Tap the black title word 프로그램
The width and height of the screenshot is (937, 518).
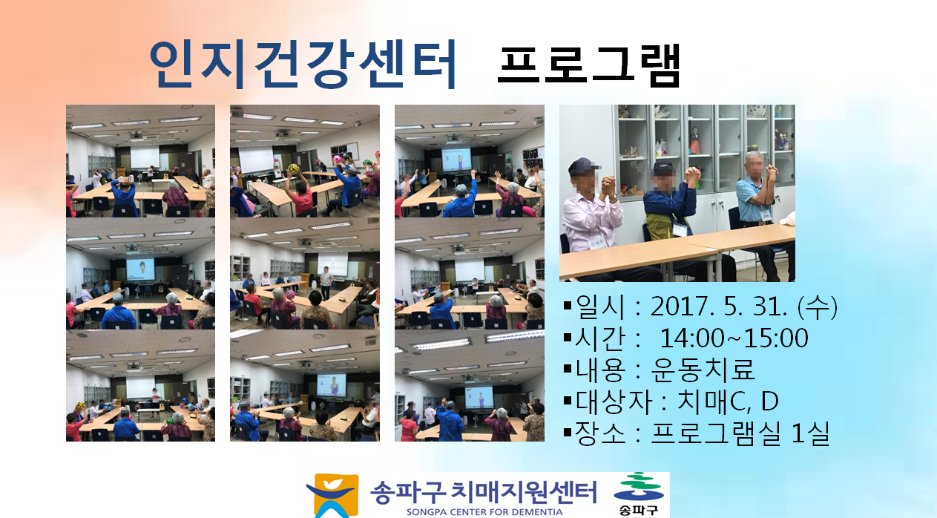tap(588, 65)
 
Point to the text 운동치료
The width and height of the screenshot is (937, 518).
tap(703, 370)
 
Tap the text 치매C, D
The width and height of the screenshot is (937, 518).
tap(728, 401)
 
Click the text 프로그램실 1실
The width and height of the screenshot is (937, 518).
tap(740, 433)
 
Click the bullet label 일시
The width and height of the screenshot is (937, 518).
tap(600, 306)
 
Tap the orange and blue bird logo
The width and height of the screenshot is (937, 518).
tap(332, 496)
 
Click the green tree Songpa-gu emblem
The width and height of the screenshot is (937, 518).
tap(639, 488)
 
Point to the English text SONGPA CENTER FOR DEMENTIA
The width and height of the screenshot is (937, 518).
tap(484, 512)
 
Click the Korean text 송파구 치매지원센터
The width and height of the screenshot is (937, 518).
tap(484, 493)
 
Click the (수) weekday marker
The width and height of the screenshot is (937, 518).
tap(817, 306)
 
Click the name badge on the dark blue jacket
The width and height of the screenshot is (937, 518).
tap(680, 230)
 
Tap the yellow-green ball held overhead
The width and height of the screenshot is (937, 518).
tap(293, 169)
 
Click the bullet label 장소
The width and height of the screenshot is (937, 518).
tap(600, 433)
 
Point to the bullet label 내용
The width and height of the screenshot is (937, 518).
tap(600, 370)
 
